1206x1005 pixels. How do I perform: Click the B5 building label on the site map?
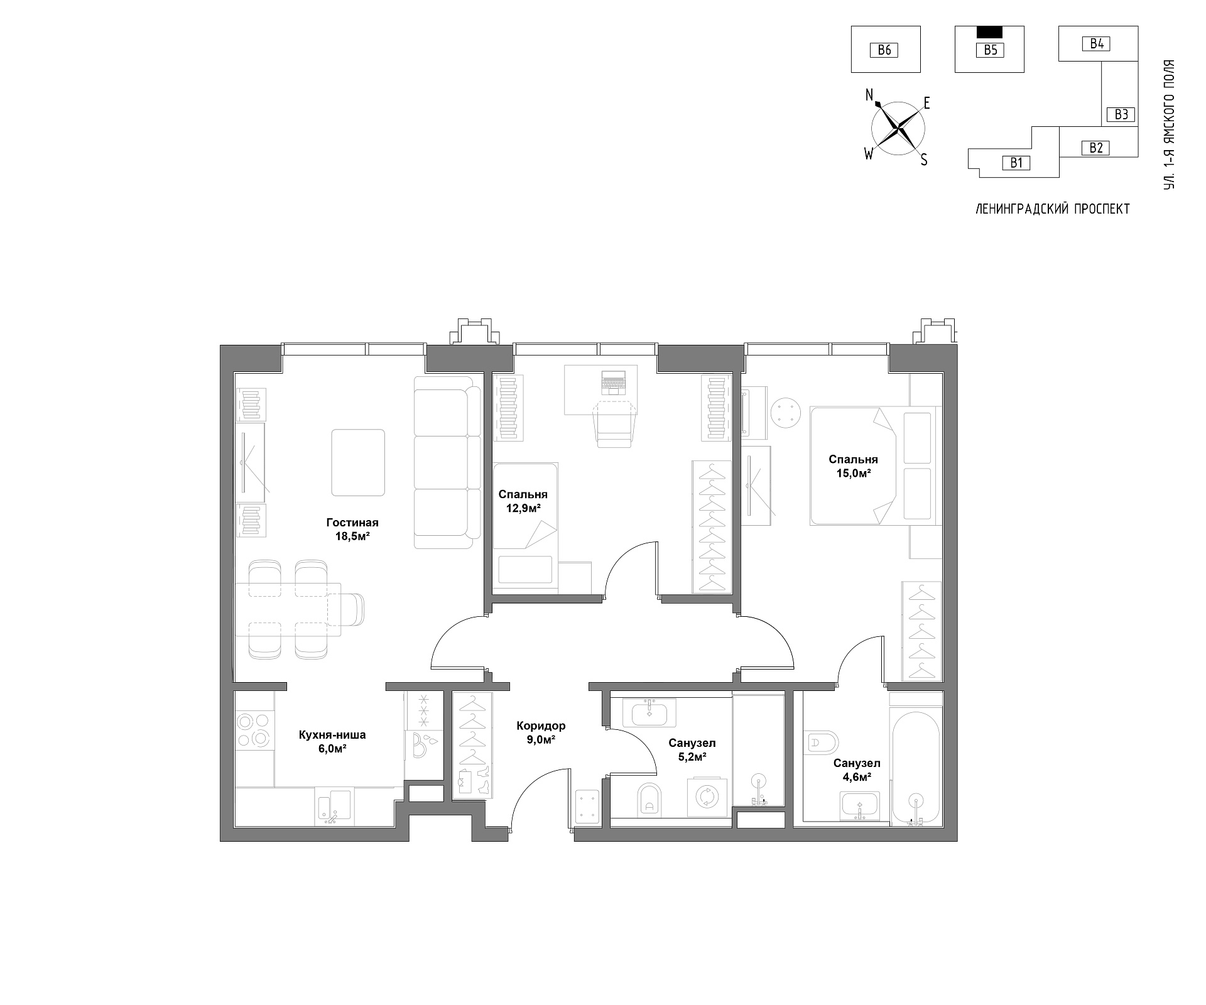pyautogui.click(x=990, y=50)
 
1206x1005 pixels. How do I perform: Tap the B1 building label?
pyautogui.click(x=1016, y=163)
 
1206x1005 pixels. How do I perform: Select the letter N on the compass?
pyautogui.click(x=870, y=95)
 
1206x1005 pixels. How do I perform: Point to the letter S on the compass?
pyautogui.click(x=924, y=160)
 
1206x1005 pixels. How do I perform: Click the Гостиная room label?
pyautogui.click(x=352, y=523)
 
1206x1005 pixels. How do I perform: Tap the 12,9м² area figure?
pyautogui.click(x=523, y=508)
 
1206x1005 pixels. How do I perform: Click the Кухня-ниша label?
pyautogui.click(x=332, y=735)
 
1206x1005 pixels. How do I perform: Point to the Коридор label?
pyautogui.click(x=541, y=726)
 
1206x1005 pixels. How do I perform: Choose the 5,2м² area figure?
pyautogui.click(x=692, y=757)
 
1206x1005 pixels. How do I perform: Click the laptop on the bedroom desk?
pyautogui.click(x=614, y=383)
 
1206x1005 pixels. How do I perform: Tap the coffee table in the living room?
pyautogui.click(x=358, y=462)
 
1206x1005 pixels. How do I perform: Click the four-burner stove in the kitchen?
pyautogui.click(x=254, y=730)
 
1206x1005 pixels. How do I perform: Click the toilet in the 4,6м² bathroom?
pyautogui.click(x=820, y=742)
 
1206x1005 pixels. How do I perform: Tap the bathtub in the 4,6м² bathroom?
pyautogui.click(x=915, y=768)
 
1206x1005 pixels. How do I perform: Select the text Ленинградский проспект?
pyautogui.click(x=1052, y=209)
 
